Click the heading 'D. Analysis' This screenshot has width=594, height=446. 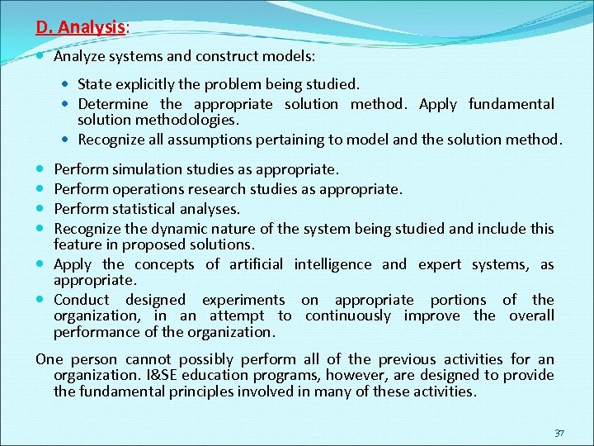click(x=81, y=27)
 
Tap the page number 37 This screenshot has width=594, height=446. click(x=559, y=433)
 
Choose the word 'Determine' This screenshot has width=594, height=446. click(x=113, y=104)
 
